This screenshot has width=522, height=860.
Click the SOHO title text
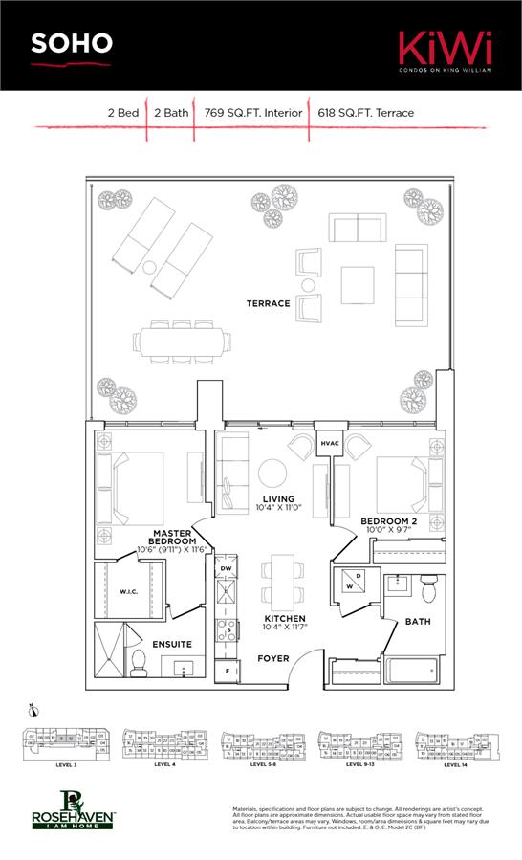click(x=72, y=43)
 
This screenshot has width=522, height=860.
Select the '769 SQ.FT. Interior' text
click(x=252, y=113)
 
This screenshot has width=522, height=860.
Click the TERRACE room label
click(x=268, y=303)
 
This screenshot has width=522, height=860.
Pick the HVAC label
click(x=330, y=444)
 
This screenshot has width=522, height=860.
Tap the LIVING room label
click(x=277, y=499)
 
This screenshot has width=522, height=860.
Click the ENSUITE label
click(x=172, y=644)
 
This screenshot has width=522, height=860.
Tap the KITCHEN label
click(x=284, y=619)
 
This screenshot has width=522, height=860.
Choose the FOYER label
click(x=273, y=658)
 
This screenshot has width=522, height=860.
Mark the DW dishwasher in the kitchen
click(x=226, y=568)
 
